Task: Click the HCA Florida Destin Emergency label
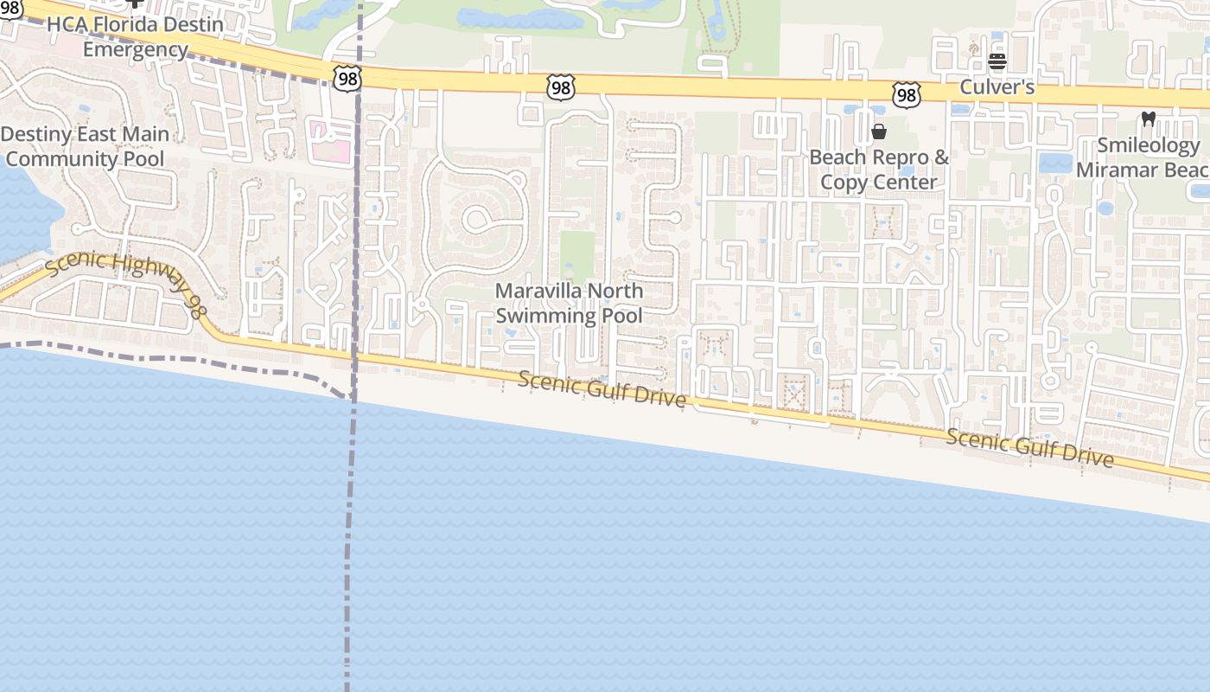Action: tap(135, 36)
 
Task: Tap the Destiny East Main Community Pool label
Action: tap(85, 146)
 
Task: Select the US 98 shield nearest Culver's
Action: tap(905, 94)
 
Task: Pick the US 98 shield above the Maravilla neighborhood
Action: tap(560, 86)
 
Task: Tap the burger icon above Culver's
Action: tap(997, 61)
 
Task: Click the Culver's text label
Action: tap(997, 87)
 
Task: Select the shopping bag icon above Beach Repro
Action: tap(879, 131)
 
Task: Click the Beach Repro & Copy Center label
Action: tap(879, 170)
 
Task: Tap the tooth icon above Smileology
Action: tap(1149, 119)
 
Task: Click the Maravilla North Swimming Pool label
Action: tap(569, 304)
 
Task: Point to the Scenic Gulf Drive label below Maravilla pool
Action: tap(603, 390)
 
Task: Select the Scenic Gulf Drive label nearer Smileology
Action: tap(1029, 447)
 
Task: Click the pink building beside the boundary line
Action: tap(329, 141)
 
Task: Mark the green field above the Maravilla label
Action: tap(577, 256)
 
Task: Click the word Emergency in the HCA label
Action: tap(135, 49)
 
